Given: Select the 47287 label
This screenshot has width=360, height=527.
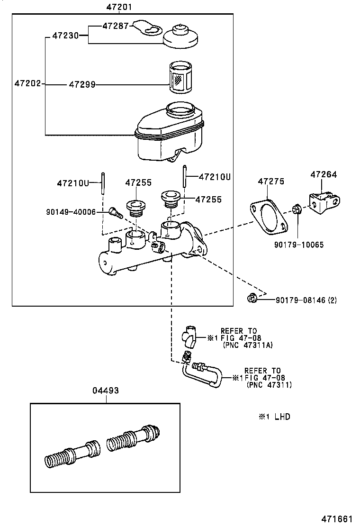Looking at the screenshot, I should (115, 27).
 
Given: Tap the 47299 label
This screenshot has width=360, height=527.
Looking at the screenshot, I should (82, 85).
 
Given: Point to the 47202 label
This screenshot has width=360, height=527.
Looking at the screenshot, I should (27, 84).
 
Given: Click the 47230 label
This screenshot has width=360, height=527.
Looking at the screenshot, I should (65, 36).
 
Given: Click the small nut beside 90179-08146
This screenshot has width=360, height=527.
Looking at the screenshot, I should (252, 298).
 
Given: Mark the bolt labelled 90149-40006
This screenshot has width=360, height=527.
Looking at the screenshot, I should (115, 213).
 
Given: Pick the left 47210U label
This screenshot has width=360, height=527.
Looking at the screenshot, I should (73, 182).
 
